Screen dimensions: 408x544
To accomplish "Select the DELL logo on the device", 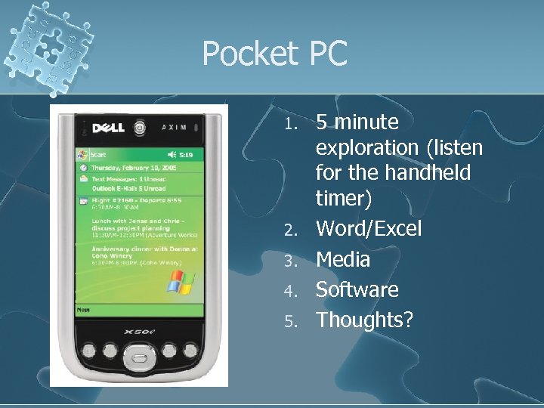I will (x=107, y=128).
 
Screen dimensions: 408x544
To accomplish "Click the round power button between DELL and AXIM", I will (x=140, y=128).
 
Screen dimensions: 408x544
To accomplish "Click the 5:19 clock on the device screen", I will (x=186, y=154).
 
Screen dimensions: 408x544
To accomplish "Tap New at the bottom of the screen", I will (x=82, y=311).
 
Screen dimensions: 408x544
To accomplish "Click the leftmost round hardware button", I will (x=84, y=352).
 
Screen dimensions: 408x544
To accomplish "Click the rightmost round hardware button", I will (x=194, y=352).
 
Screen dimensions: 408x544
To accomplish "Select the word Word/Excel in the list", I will (x=368, y=228).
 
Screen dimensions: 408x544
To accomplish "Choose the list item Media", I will (x=342, y=259).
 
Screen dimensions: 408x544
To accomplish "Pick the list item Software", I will (x=357, y=289).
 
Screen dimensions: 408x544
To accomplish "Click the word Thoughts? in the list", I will (x=364, y=320).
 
